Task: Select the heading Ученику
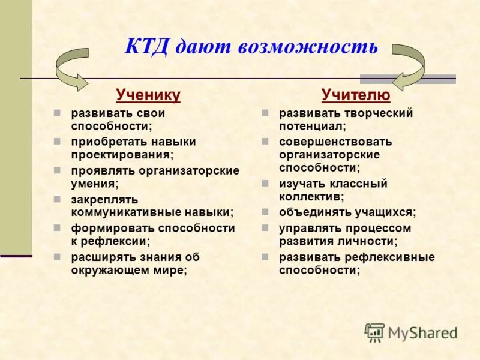(148, 95)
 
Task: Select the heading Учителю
(356, 95)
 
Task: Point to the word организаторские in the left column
(190, 170)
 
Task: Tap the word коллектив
(310, 196)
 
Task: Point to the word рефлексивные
(389, 257)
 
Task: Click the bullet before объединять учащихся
(265, 212)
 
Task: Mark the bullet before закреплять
(57, 199)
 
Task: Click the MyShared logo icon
(374, 332)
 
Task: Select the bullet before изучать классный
(265, 183)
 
